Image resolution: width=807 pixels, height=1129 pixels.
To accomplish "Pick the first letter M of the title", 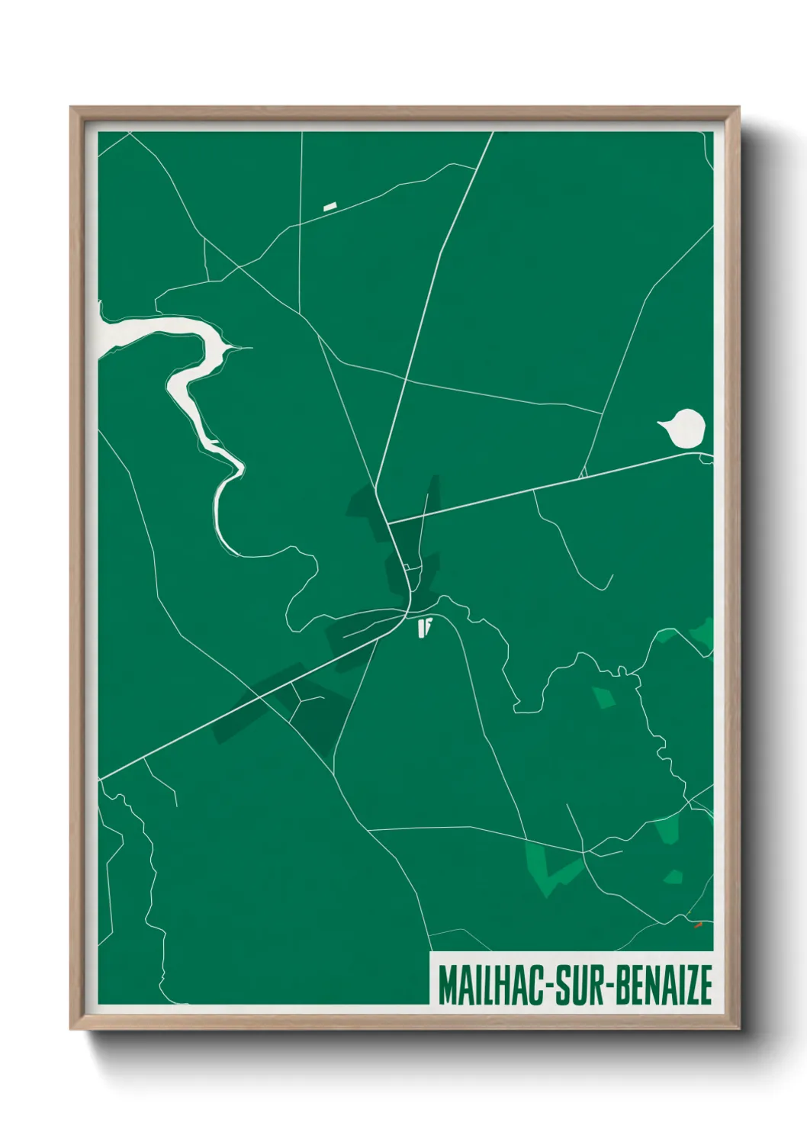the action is point(446,985).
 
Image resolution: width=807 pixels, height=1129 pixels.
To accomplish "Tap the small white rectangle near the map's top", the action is point(330,206).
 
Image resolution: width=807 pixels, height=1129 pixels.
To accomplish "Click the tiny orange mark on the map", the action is point(697,925).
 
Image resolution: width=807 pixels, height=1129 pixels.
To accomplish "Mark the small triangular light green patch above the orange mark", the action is point(674,877).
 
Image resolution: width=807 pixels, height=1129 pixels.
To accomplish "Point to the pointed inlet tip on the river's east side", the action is point(250,348).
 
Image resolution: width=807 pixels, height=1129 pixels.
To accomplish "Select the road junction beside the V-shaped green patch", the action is point(584,851).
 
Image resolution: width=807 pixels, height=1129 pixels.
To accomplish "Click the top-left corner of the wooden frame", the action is point(71,108).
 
